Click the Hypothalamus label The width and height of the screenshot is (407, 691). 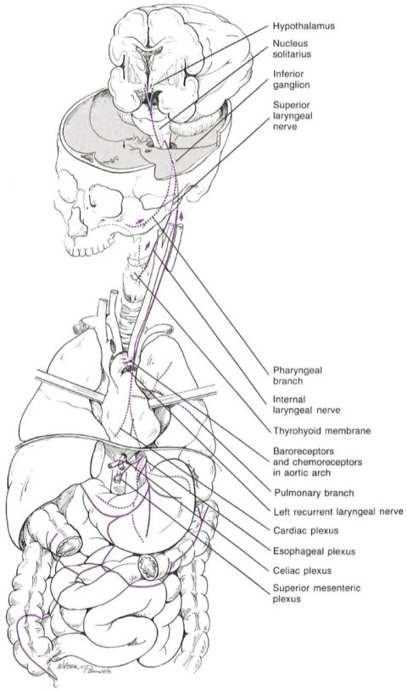click(304, 26)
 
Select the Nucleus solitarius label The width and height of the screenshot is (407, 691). click(292, 49)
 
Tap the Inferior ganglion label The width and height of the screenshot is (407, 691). click(291, 80)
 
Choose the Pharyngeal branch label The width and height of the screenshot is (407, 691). click(297, 375)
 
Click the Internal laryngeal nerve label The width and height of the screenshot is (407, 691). click(306, 405)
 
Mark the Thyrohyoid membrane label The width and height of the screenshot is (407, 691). click(321, 430)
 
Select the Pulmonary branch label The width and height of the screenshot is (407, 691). click(314, 493)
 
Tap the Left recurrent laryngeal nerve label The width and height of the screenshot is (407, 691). click(337, 511)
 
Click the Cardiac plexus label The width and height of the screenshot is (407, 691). click(305, 531)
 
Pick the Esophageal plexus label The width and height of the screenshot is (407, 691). click(314, 551)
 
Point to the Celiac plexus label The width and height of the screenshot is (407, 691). click(302, 571)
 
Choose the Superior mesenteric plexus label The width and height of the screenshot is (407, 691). click(310, 593)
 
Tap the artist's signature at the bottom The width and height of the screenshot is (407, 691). click(84, 669)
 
